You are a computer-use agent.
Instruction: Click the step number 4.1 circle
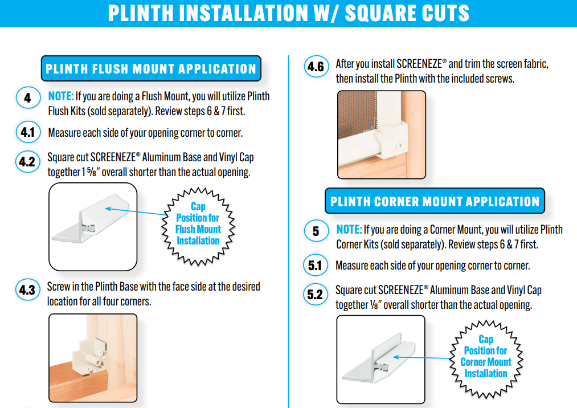pos(28,132)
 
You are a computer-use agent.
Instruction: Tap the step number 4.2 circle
pos(27,162)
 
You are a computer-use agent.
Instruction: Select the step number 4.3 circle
pos(27,290)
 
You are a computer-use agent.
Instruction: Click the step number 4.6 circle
pos(316,67)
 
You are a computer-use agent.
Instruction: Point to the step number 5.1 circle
pos(316,265)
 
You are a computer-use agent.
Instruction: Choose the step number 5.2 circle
pos(316,294)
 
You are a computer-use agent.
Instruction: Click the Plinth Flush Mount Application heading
pos(151,68)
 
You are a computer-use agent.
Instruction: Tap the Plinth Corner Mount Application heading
pos(435,201)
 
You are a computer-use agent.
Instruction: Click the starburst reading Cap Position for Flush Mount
pos(198,226)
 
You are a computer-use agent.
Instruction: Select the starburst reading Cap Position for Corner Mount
pos(486,358)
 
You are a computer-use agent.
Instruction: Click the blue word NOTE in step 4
pos(61,96)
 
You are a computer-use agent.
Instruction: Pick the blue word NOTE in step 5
pos(349,230)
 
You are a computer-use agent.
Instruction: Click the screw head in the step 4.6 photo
pos(400,145)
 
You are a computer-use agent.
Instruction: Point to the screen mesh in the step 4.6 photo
pos(357,111)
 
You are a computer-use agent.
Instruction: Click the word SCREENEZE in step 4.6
pos(419,64)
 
